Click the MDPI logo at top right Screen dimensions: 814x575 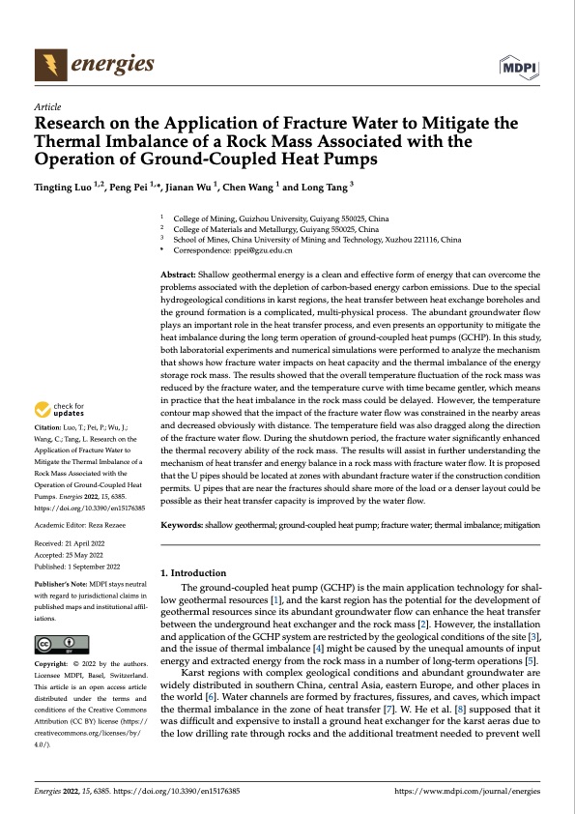tap(520, 65)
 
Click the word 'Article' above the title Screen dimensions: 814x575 tap(47, 106)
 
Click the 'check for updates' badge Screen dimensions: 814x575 tap(60, 437)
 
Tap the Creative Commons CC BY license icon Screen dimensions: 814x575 tap(61, 645)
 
